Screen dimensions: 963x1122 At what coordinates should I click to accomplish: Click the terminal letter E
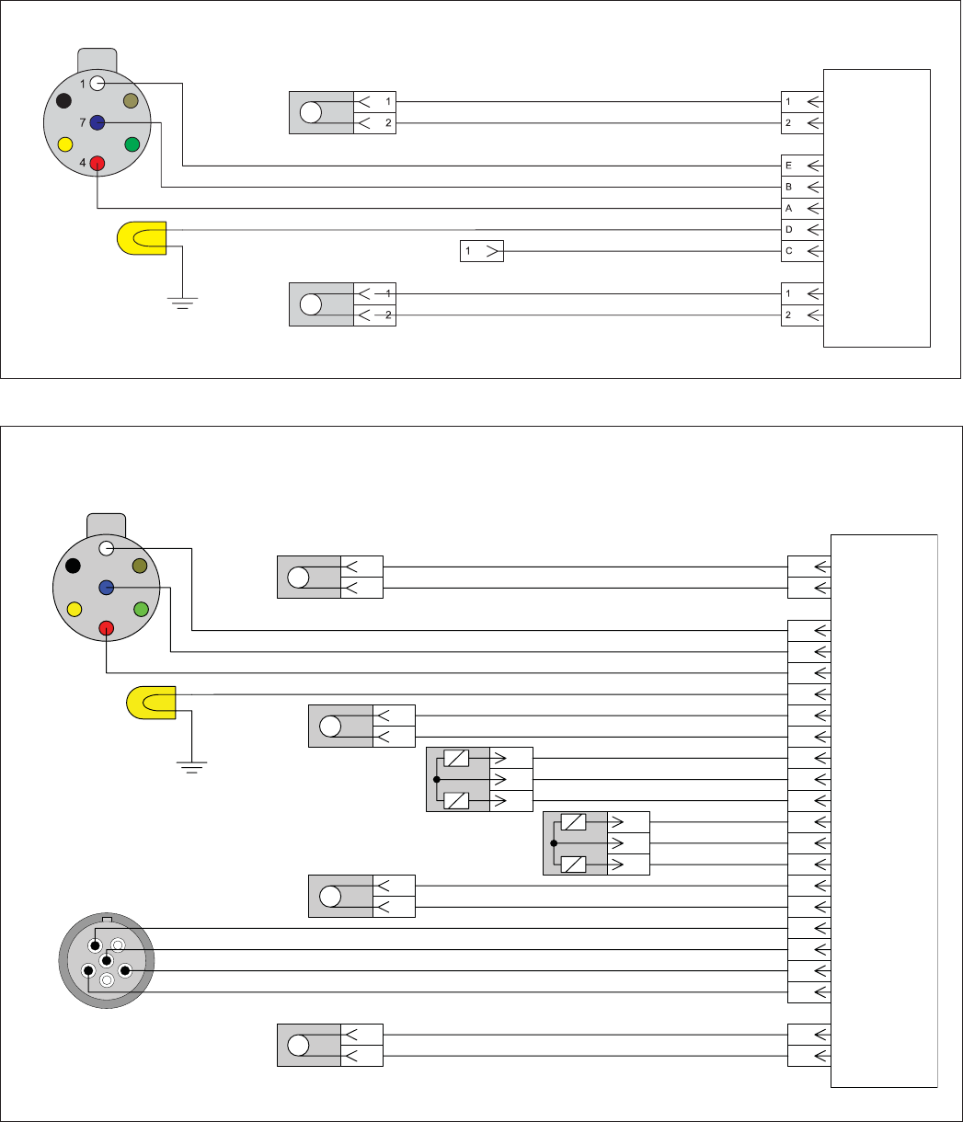788,166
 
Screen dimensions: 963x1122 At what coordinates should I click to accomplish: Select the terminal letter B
788,187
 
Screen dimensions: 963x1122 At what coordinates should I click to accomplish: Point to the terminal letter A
788,208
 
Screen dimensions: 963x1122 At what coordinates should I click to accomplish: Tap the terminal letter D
788,230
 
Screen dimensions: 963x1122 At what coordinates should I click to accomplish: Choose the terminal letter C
788,251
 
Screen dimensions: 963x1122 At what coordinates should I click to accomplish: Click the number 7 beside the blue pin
83,122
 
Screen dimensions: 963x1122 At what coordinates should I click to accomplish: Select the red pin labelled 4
97,163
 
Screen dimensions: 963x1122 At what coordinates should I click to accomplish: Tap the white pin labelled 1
97,83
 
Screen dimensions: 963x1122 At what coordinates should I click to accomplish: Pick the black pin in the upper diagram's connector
63,100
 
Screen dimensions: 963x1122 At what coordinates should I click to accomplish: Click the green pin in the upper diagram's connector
132,144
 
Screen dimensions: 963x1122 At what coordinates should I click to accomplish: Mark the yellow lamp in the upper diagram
142,238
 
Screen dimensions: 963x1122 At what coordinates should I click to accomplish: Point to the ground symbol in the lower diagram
191,767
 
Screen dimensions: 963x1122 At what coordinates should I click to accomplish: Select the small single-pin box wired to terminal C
482,251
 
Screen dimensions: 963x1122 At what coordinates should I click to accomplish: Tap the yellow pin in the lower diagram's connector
75,609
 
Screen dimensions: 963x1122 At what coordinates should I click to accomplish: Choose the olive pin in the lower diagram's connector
140,566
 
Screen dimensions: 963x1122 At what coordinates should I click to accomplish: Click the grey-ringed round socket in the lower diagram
107,960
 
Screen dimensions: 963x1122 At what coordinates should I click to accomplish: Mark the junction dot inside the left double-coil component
437,780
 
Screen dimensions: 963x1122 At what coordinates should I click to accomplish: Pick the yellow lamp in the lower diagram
151,703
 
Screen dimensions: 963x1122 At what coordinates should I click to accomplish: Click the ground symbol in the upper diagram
182,303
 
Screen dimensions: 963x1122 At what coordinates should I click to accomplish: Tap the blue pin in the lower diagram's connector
107,588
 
